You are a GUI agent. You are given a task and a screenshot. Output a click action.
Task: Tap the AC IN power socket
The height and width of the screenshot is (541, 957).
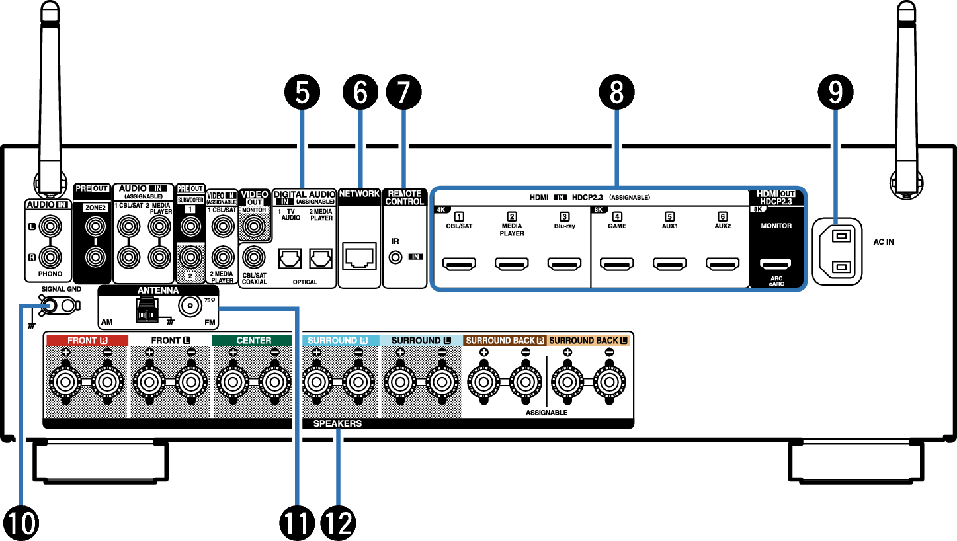837,252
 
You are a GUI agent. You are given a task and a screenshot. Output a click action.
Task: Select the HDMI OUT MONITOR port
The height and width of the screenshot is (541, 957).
776,265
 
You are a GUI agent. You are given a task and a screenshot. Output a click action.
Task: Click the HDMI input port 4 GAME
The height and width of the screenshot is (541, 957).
616,265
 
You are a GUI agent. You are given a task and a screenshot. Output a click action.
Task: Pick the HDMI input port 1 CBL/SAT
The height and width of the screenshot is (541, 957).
458,265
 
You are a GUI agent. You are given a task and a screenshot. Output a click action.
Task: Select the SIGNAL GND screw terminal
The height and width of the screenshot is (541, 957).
49,305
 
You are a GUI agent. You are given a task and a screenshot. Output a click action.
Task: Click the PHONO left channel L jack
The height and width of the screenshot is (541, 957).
49,228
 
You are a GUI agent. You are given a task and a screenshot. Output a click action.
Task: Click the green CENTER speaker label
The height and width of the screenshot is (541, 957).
253,341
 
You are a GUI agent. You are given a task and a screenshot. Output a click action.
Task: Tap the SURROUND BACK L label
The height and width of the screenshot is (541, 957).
588,341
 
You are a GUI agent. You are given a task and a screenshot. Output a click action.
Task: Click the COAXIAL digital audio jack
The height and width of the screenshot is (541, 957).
253,255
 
